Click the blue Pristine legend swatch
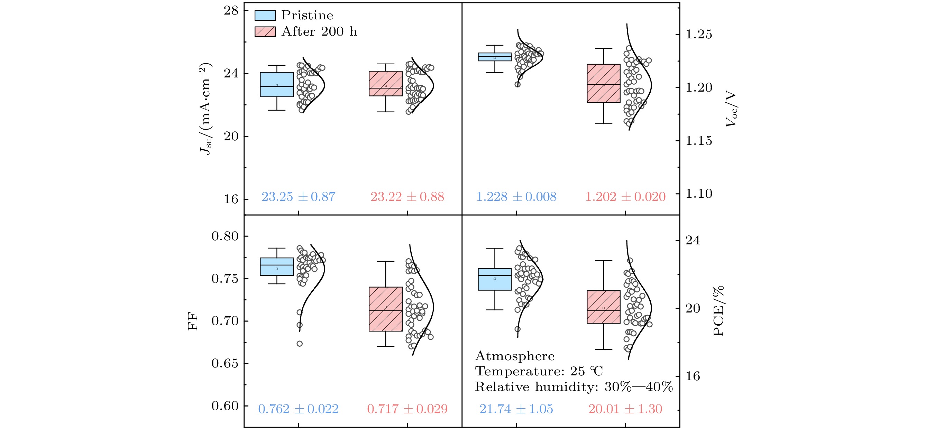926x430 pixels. (265, 16)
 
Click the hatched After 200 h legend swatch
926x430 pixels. (265, 31)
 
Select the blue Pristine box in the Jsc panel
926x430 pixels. (276, 84)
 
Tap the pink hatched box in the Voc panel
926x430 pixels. (603, 83)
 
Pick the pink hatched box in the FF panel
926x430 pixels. (385, 309)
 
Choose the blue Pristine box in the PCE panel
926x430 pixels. (494, 279)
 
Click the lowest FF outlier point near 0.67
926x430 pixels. (300, 344)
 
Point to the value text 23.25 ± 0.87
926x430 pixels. (299, 197)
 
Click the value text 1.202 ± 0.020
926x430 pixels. (625, 197)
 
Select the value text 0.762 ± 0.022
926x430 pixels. (299, 409)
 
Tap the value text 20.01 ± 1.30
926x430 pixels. (625, 409)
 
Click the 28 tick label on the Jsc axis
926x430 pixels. (231, 11)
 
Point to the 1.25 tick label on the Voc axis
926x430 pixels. (698, 35)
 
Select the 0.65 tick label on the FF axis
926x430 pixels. (225, 364)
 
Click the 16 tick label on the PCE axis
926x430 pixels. (693, 376)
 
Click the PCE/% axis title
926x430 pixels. (718, 311)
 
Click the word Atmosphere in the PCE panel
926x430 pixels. (514, 356)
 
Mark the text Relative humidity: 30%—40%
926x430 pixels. (574, 387)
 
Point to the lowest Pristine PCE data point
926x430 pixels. (517, 329)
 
